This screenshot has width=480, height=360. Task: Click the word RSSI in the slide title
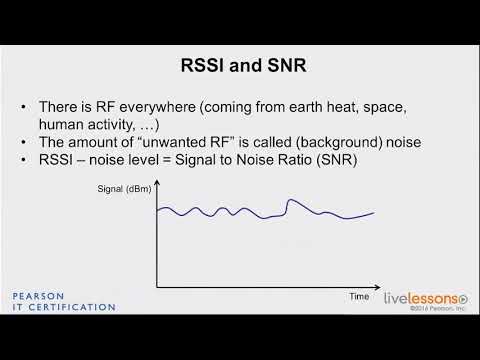pos(194,68)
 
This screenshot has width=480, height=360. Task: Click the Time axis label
pos(359,296)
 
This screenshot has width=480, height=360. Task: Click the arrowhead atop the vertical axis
pos(156,197)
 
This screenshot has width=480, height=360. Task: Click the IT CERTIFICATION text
pos(63,307)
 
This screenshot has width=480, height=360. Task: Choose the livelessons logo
pos(425,297)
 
